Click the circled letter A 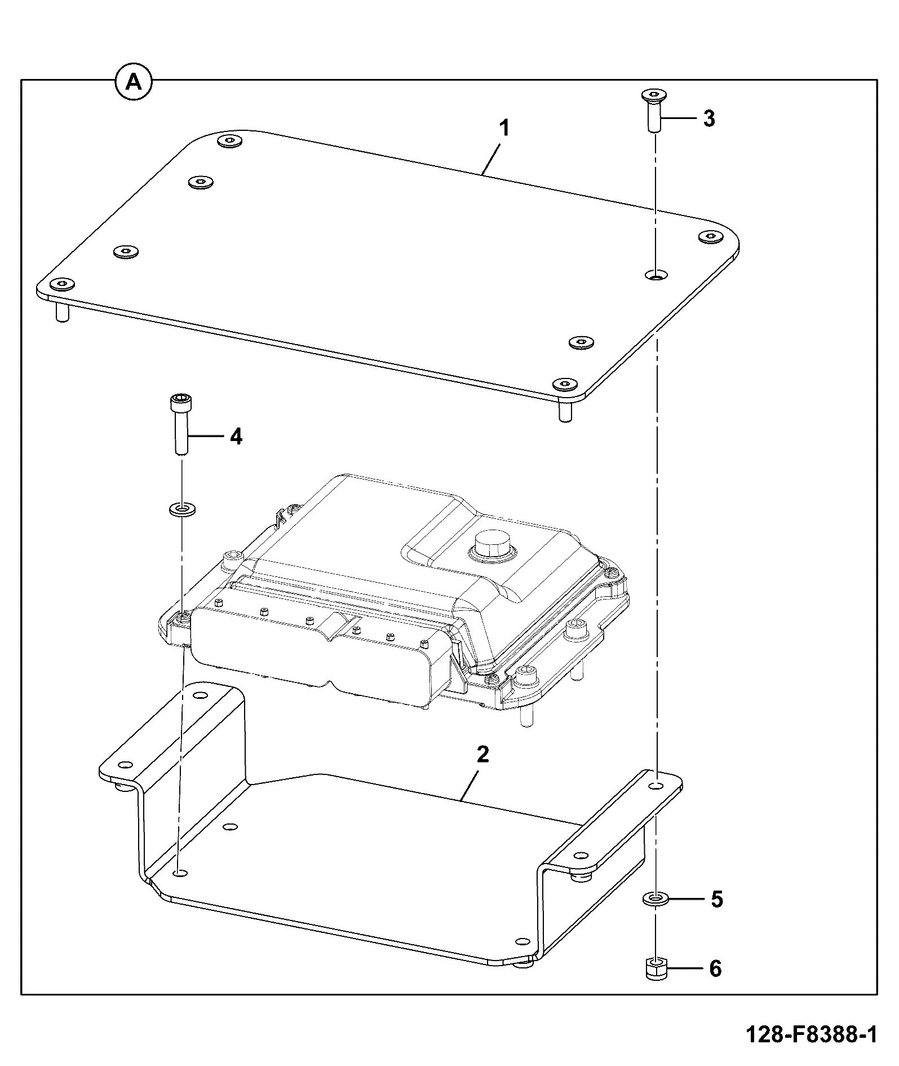[x=134, y=82]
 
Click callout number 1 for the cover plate [x=505, y=129]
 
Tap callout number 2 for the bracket [x=483, y=754]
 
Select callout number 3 [x=708, y=119]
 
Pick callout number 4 [x=236, y=436]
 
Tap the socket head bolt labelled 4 [x=180, y=424]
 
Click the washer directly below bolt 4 [x=182, y=510]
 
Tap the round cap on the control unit [x=491, y=546]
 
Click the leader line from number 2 [x=471, y=782]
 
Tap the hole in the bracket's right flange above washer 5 [x=656, y=786]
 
